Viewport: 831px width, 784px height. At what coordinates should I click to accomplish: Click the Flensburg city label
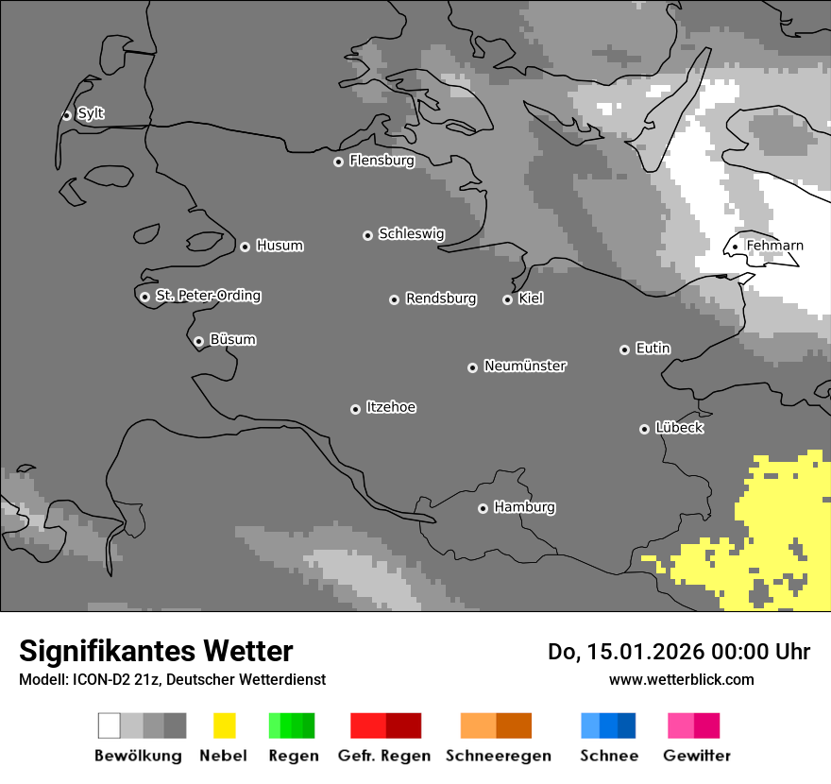coord(382,161)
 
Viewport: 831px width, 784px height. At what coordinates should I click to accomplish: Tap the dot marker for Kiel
coord(507,299)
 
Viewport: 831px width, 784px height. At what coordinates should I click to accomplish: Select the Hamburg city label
coord(524,507)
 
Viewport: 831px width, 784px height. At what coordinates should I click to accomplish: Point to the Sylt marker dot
coord(66,115)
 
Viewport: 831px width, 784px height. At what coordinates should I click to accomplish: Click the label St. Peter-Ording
coord(208,296)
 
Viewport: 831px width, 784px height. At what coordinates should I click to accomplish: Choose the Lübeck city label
coord(679,428)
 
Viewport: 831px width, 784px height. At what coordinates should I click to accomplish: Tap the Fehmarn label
coord(774,246)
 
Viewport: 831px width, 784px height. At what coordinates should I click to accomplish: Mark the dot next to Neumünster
coord(472,367)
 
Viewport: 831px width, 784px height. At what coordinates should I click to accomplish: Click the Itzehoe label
coord(391,407)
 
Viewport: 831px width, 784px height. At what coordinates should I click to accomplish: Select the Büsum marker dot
coord(198,341)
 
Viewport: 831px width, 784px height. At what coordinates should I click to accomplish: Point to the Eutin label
coord(653,349)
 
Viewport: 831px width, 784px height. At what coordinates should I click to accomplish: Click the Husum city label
coord(280,246)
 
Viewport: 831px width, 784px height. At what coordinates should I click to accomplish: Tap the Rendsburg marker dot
coord(394,299)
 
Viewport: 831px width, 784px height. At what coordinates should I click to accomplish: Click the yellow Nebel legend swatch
coord(224,725)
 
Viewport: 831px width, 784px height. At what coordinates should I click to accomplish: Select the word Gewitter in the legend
coord(697,756)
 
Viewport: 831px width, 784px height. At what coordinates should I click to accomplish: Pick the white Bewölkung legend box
coord(109,725)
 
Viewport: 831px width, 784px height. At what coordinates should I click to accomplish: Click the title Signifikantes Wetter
coord(156,652)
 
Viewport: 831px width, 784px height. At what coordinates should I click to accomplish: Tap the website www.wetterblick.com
coord(681,680)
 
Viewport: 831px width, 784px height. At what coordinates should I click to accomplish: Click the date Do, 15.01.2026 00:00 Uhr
coord(678,652)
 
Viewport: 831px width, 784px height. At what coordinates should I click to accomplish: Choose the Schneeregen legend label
coord(499,756)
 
